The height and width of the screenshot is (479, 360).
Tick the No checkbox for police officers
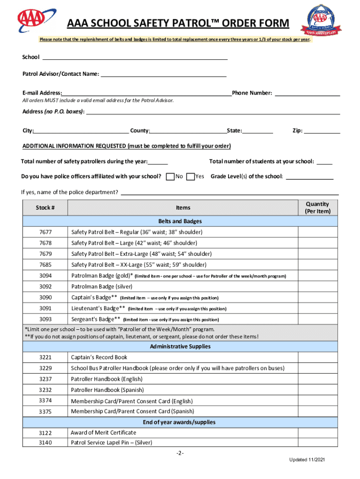[x=171, y=176]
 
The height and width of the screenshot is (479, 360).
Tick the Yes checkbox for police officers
[x=190, y=176]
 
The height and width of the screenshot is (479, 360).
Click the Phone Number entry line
[x=307, y=94]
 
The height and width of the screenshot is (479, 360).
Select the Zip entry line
[x=322, y=131]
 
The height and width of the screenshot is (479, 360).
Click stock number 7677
[x=45, y=232]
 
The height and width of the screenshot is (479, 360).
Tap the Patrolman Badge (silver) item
[x=101, y=287]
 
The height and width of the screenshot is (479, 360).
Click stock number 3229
[x=45, y=369]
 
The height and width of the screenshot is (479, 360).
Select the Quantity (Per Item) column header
[x=317, y=208]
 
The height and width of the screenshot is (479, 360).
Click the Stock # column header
[x=45, y=208]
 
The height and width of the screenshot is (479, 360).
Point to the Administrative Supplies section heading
[x=180, y=347]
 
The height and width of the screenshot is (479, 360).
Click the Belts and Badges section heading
[x=180, y=221]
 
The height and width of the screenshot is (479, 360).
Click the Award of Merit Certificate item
[x=103, y=433]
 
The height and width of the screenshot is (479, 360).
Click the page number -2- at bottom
[x=180, y=454]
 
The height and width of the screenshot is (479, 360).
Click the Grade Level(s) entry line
[x=309, y=177]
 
